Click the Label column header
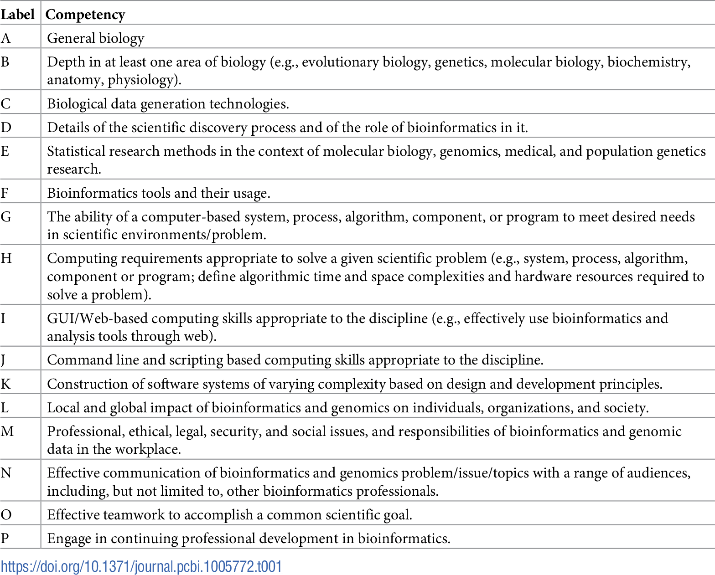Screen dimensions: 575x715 [x=17, y=15]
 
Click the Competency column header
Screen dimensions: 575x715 [x=85, y=15]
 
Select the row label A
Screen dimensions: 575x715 [x=5, y=38]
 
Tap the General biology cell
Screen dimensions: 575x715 [x=96, y=38]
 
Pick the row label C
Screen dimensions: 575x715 [x=5, y=104]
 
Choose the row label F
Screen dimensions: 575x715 [x=5, y=193]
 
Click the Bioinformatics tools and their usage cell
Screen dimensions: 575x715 [x=159, y=193]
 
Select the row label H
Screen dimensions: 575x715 [x=6, y=258]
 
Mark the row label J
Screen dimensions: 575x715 [x=4, y=360]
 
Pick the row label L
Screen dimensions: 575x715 [x=5, y=408]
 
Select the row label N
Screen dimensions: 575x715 [x=6, y=473]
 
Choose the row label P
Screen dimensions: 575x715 [x=5, y=539]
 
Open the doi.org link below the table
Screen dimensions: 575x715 [x=141, y=567]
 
